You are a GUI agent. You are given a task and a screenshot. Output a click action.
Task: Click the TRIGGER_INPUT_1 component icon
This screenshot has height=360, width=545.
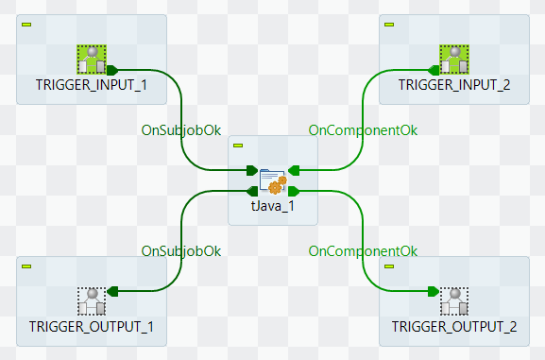click(x=91, y=60)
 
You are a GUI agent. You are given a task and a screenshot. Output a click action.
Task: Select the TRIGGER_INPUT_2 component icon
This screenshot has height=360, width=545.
click(x=454, y=60)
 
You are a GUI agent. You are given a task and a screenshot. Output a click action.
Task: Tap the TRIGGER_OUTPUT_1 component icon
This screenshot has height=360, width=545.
click(x=91, y=301)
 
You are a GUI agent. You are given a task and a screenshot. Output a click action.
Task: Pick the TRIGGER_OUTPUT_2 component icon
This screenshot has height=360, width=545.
click(x=454, y=301)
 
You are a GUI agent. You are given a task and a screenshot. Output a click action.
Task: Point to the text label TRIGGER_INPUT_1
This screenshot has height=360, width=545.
click(x=91, y=85)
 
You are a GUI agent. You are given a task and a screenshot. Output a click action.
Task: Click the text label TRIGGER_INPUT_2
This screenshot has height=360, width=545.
click(x=454, y=85)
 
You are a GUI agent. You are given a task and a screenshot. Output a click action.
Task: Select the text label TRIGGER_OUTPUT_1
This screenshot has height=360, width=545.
click(x=91, y=327)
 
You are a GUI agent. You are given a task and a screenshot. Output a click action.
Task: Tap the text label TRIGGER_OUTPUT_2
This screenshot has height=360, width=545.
click(x=454, y=327)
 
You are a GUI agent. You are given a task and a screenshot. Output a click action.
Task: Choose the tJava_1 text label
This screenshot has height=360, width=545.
click(x=273, y=206)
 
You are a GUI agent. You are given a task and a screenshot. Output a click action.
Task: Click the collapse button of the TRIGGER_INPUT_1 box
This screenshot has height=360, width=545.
click(x=26, y=24)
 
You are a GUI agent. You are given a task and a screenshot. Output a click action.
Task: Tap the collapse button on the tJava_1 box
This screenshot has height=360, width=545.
click(x=238, y=146)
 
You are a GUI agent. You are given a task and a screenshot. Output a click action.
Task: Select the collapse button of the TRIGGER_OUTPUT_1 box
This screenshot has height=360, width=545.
click(x=26, y=266)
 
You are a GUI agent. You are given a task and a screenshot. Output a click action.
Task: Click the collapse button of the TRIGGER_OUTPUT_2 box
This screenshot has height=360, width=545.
click(x=389, y=266)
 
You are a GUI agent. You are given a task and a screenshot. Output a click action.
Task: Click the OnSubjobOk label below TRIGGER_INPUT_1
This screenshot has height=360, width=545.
click(x=181, y=130)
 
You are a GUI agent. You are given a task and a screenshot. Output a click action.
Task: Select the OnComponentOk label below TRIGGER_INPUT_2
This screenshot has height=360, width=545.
click(x=364, y=130)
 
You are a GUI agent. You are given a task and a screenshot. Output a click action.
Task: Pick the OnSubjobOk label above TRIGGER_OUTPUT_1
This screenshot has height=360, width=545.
click(x=181, y=251)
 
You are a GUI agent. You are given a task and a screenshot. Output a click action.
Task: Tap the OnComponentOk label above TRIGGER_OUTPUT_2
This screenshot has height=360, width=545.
click(x=364, y=251)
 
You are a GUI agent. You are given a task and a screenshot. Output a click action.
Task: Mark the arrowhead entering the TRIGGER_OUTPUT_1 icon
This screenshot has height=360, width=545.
click(x=111, y=291)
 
